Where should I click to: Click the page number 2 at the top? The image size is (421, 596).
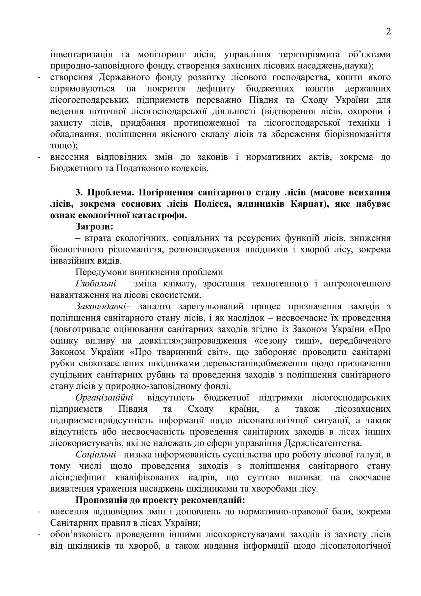click(388, 32)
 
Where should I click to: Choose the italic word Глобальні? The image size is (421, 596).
click(96, 283)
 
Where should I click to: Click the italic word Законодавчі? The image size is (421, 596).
click(101, 306)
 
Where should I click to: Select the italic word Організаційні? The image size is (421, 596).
click(105, 398)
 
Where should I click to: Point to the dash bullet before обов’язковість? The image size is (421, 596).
click(39, 534)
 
